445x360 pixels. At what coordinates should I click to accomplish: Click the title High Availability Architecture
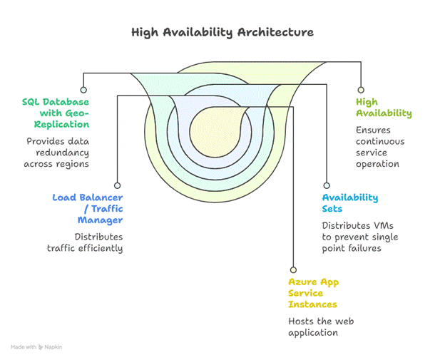pyautogui.click(x=222, y=33)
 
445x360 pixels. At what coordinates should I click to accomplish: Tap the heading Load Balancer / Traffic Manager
pyautogui.click(x=88, y=209)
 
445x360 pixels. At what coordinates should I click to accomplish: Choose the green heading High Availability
pyautogui.click(x=384, y=108)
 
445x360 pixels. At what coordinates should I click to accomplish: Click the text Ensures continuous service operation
pyautogui.click(x=379, y=147)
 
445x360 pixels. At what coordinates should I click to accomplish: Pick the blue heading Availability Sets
pyautogui.click(x=349, y=203)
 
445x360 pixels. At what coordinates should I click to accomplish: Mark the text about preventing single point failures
pyautogui.click(x=359, y=237)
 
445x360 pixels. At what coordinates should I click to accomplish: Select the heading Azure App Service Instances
pyautogui.click(x=314, y=293)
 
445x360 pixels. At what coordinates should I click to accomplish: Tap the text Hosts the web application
pyautogui.click(x=321, y=326)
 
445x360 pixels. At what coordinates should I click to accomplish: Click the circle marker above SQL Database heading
pyautogui.click(x=83, y=91)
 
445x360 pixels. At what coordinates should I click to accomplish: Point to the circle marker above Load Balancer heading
pyautogui.click(x=117, y=182)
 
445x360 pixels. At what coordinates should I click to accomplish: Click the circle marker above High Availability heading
pyautogui.click(x=361, y=91)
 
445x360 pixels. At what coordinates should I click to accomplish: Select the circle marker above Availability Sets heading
pyautogui.click(x=326, y=182)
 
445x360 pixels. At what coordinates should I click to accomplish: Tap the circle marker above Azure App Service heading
pyautogui.click(x=292, y=269)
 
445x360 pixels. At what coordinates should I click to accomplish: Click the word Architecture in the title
pyautogui.click(x=276, y=33)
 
